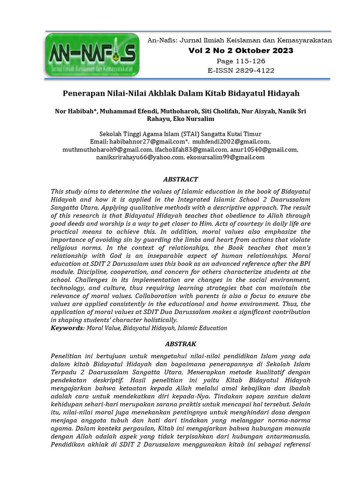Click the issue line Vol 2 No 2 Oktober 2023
[x=240, y=51]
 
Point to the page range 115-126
[x=240, y=61]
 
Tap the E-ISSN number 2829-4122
[x=240, y=70]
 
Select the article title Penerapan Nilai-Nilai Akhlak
[x=181, y=93]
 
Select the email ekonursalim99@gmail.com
[x=225, y=157]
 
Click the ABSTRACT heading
[x=180, y=179]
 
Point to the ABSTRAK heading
[x=180, y=344]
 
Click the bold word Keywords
[x=66, y=328]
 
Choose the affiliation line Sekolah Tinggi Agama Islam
[x=180, y=134]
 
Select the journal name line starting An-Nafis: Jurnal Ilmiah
[x=240, y=40]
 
